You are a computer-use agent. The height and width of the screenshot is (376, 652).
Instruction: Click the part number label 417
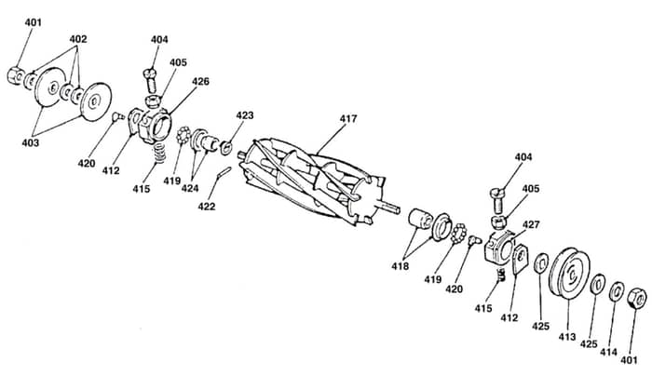(x=348, y=119)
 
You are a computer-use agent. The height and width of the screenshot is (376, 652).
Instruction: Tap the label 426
(x=200, y=81)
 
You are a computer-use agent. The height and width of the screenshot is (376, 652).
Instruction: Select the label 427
(x=531, y=225)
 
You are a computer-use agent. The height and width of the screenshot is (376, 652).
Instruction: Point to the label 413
(x=567, y=337)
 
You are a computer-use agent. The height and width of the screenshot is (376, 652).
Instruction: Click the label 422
(x=207, y=206)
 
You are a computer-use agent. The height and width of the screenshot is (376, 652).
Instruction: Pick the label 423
(x=245, y=115)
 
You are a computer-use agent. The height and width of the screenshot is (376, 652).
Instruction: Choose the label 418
(x=400, y=266)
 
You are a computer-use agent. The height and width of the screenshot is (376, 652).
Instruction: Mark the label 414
(x=608, y=352)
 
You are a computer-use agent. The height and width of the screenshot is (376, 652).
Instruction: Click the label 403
(x=31, y=142)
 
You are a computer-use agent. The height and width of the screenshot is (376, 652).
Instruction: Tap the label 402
(x=78, y=39)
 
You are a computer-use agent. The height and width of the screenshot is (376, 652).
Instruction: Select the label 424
(x=190, y=188)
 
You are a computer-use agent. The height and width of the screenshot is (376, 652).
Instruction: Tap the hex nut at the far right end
(x=636, y=298)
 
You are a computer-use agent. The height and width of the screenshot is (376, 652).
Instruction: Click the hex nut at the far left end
(x=16, y=75)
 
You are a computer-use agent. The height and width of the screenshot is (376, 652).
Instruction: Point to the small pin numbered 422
(x=224, y=171)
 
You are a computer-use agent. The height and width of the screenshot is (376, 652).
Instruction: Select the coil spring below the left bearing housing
(x=160, y=153)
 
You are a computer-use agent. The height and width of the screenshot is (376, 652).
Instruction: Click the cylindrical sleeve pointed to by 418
(x=419, y=219)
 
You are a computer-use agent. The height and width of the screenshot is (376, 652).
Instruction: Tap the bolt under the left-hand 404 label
(x=151, y=81)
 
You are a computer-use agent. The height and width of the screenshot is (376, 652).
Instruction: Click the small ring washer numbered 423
(x=226, y=148)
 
